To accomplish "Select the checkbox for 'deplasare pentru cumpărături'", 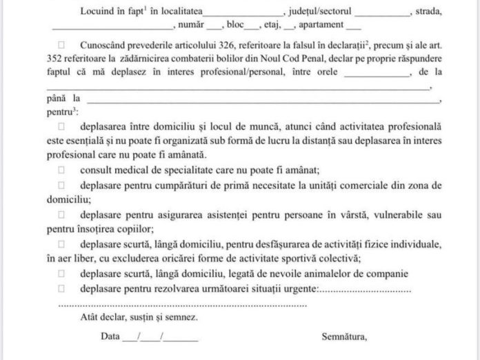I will pyautogui.click(x=62, y=186).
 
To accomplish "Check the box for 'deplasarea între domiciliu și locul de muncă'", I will pyautogui.click(x=62, y=127).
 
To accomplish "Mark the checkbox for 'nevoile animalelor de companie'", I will pyautogui.click(x=62, y=274).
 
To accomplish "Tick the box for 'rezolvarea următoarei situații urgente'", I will pyautogui.click(x=62, y=288).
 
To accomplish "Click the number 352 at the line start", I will pyautogui.click(x=55, y=57).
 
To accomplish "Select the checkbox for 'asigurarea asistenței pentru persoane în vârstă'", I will pyautogui.click(x=62, y=215).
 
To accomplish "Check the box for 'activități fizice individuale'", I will pyautogui.click(x=62, y=244).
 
